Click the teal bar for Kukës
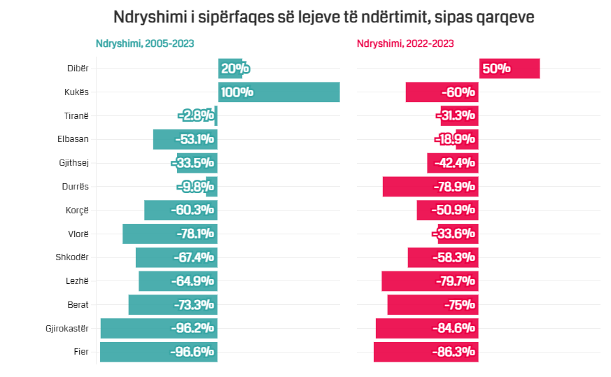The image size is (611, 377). (279, 92)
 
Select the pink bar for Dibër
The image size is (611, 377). (510, 69)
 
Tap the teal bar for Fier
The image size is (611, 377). (158, 352)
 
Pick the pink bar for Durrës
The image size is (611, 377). (430, 187)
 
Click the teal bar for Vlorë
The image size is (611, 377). (169, 234)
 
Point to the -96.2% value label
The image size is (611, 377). (192, 328)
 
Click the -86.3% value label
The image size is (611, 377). (454, 352)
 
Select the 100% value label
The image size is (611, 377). (237, 92)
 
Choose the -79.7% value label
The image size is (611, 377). (454, 281)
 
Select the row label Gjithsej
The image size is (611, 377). (73, 163)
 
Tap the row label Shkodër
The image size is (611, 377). (72, 257)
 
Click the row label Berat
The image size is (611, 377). (77, 305)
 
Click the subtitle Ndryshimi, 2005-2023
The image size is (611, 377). (145, 43)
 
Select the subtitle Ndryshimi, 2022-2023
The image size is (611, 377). (405, 43)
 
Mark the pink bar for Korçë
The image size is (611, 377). (447, 210)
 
